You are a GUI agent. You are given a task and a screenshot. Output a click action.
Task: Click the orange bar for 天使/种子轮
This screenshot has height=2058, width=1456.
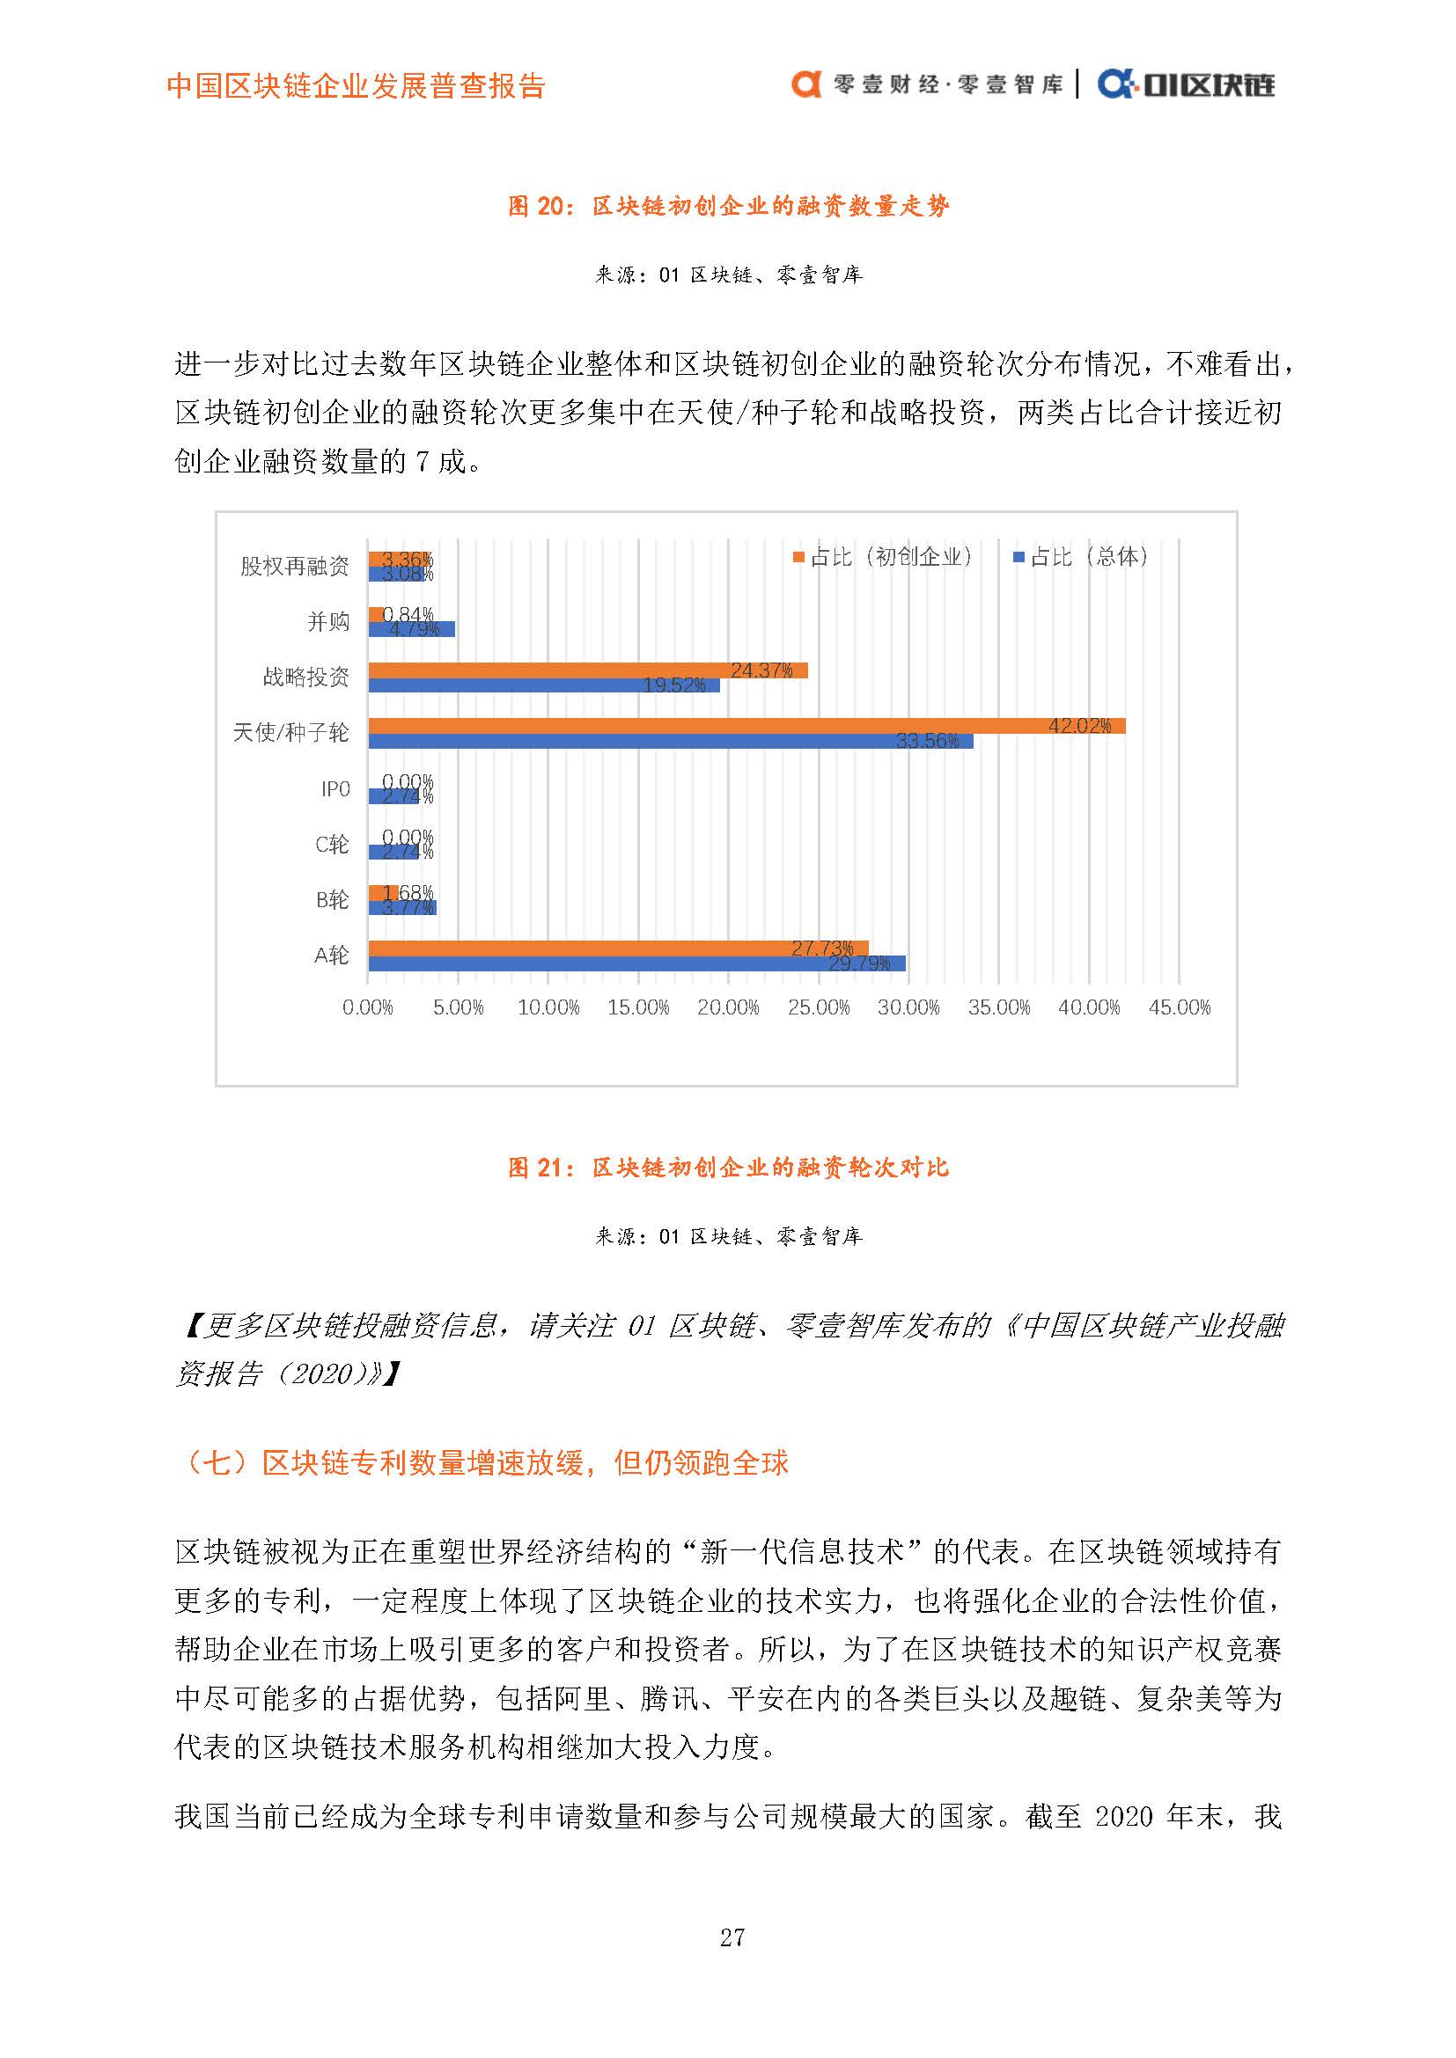pyautogui.click(x=746, y=726)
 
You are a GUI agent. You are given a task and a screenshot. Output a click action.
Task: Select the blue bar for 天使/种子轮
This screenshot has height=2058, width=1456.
pyautogui.click(x=670, y=741)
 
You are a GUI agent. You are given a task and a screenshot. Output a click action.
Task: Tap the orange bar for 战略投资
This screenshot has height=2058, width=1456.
pyautogui.click(x=587, y=670)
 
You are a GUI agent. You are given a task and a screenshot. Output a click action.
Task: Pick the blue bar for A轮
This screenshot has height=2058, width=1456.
pyautogui.click(x=636, y=963)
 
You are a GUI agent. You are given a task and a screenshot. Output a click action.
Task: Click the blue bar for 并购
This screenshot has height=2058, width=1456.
pyautogui.click(x=411, y=629)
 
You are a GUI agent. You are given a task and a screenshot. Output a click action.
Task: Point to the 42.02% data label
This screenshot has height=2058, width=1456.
pyautogui.click(x=1079, y=725)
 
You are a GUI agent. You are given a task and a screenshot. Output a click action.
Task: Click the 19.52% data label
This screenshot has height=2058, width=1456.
pyautogui.click(x=674, y=685)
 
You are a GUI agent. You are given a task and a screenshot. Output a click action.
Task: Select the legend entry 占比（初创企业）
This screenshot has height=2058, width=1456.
pyautogui.click(x=882, y=557)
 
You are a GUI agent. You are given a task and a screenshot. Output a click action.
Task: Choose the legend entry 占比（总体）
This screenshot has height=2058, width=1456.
pyautogui.click(x=1080, y=557)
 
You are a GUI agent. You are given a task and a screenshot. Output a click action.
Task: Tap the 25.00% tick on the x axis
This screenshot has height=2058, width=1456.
pyautogui.click(x=819, y=1007)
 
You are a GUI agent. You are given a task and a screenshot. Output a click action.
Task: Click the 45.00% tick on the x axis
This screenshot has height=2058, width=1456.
pyautogui.click(x=1179, y=1007)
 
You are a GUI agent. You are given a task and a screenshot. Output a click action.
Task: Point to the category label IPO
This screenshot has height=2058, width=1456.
pyautogui.click(x=335, y=788)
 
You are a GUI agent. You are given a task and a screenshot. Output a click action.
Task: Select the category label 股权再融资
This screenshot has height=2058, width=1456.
pyautogui.click(x=295, y=566)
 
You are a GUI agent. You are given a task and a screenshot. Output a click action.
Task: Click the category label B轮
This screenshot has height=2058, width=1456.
pyautogui.click(x=332, y=900)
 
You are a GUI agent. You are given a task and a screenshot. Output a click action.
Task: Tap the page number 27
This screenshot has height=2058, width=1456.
pyautogui.click(x=732, y=1937)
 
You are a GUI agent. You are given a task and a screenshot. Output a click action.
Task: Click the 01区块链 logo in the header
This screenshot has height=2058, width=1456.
pyautogui.click(x=1186, y=84)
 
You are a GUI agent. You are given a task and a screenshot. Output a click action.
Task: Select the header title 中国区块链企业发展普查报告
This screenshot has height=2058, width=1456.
pyautogui.click(x=356, y=86)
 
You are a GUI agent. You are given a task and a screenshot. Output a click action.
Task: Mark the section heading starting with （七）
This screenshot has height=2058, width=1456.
pyautogui.click(x=483, y=1463)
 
